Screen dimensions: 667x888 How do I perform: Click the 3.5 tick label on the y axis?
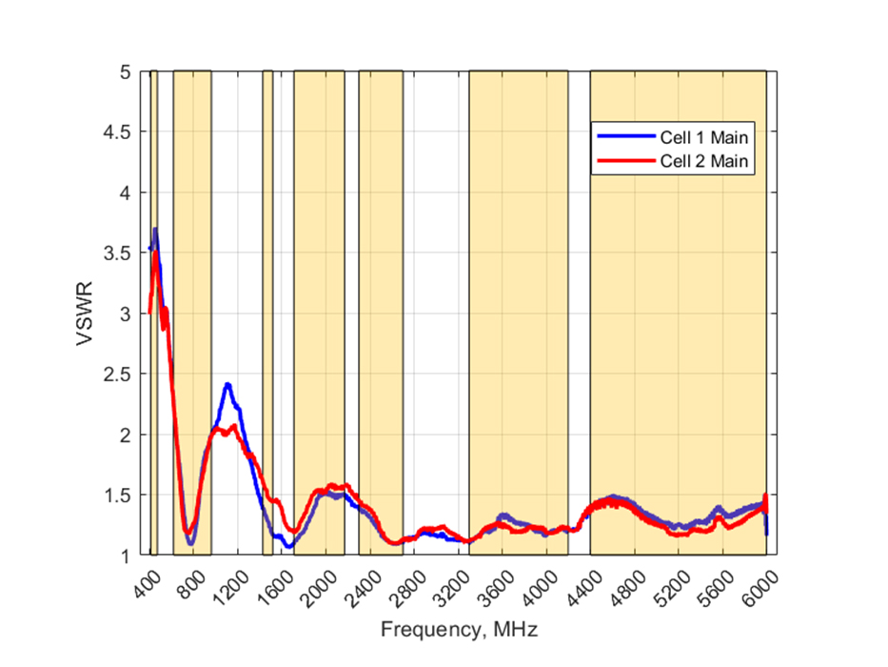pos(117,253)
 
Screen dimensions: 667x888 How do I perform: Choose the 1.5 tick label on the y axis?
pos(117,495)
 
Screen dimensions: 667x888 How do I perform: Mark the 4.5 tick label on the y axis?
pos(117,132)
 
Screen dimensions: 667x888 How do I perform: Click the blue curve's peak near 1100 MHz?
pos(227,384)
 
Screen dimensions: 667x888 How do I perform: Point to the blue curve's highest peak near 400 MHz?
pos(154,230)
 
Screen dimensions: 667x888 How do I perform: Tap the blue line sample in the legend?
pos(624,136)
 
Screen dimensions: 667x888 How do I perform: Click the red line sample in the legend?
pos(624,161)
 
